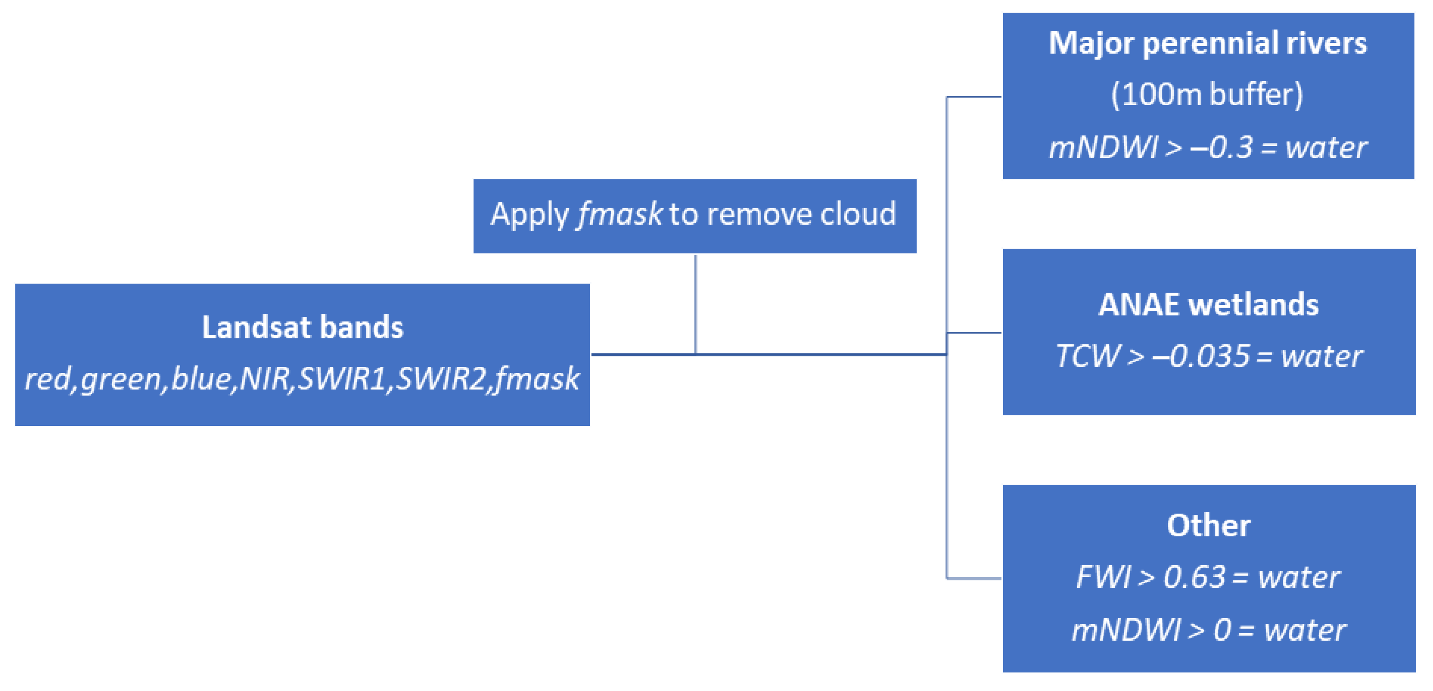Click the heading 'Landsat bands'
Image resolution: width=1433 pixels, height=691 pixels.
303,327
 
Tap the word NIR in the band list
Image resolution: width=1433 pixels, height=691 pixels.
265,379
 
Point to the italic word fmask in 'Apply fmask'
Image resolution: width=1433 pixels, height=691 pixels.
619,214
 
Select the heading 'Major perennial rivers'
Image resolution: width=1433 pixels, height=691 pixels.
1208,43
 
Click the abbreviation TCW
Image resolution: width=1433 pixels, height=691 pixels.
1087,357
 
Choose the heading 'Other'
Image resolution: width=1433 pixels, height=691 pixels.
1208,525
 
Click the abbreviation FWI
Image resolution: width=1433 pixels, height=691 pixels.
1103,577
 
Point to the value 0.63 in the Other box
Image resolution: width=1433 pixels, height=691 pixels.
1194,577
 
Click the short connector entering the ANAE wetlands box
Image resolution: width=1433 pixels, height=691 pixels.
974,333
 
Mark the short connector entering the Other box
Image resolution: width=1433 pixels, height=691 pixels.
974,578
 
